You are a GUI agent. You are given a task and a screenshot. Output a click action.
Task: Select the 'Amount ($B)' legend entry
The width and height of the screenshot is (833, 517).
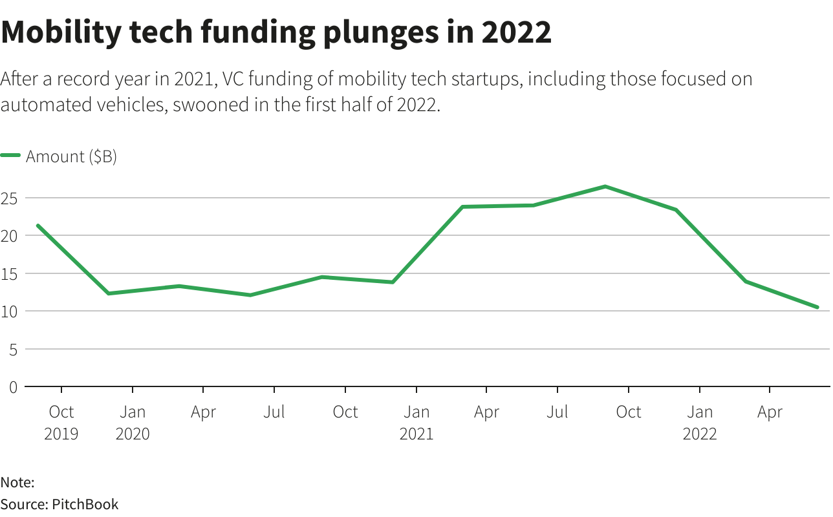click(x=70, y=156)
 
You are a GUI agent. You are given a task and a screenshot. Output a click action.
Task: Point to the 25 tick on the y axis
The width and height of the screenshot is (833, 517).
click(x=9, y=198)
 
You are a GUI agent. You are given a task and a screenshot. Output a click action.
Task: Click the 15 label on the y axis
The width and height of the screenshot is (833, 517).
click(x=9, y=273)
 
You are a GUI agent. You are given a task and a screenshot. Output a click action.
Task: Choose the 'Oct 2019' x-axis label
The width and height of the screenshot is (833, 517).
click(x=61, y=422)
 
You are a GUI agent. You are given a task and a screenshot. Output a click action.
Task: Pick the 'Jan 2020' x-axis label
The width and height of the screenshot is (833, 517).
click(x=133, y=422)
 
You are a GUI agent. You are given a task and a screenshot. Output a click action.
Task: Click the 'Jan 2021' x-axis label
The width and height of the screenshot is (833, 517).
click(x=416, y=422)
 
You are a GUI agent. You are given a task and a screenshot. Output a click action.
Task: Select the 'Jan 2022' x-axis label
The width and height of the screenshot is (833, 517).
click(x=700, y=422)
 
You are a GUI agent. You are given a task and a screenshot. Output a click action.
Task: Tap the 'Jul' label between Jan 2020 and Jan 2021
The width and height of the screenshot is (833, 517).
click(x=274, y=412)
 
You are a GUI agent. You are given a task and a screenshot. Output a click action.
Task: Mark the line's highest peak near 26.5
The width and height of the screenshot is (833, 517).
click(x=605, y=187)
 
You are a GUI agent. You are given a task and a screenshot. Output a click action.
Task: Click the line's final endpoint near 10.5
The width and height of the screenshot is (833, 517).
click(x=817, y=307)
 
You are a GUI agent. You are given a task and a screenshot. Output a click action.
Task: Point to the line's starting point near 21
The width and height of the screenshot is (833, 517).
click(x=38, y=226)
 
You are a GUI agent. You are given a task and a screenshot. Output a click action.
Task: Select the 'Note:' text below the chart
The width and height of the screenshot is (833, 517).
click(x=17, y=482)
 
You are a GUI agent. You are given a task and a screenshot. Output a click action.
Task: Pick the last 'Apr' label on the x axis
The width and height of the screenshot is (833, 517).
click(x=770, y=412)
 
